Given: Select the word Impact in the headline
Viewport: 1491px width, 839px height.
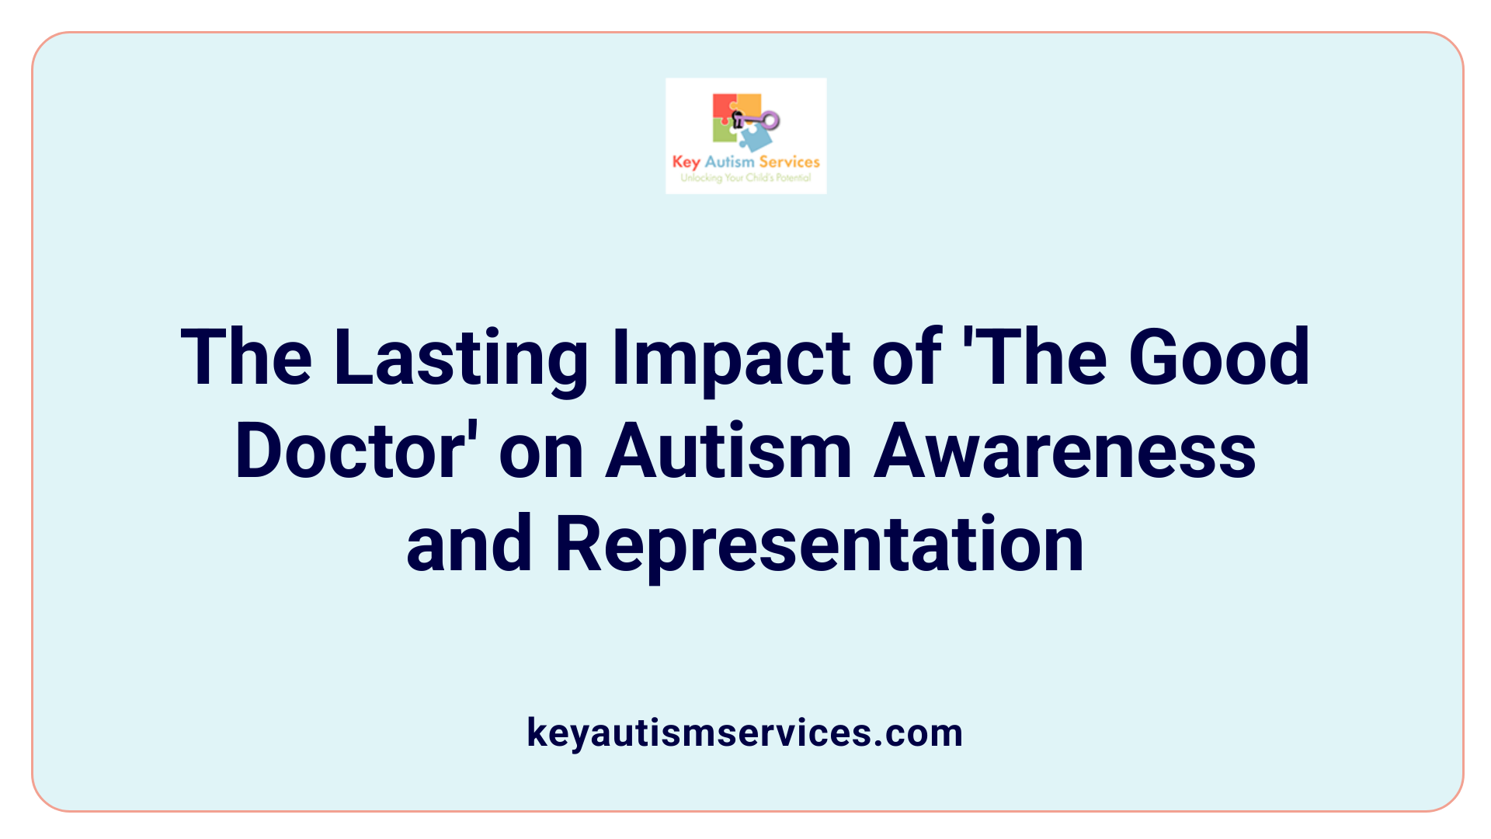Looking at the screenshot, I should [731, 358].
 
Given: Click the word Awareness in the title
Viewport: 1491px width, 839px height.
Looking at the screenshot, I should [1065, 451].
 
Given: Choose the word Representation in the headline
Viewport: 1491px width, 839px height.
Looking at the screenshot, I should [819, 544].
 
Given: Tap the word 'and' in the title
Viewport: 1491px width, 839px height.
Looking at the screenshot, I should [469, 544].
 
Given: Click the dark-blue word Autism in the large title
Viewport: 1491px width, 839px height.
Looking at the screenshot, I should [728, 451].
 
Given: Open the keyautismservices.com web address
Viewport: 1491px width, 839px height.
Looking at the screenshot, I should [745, 733].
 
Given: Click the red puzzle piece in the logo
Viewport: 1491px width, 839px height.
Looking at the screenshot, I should [724, 108].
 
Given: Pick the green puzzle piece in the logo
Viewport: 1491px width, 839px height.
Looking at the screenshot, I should [724, 132].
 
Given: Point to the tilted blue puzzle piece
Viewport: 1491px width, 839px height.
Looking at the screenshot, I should [755, 138].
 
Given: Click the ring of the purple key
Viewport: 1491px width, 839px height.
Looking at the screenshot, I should [770, 120].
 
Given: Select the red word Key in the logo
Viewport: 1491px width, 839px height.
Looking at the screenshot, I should [686, 162].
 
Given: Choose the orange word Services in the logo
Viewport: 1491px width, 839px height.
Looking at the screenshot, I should [789, 162].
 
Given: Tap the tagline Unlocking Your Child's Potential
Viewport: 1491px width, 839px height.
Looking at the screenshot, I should [745, 178].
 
